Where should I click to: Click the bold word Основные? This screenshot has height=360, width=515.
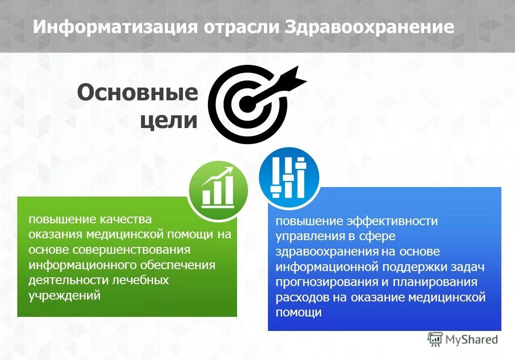click(x=138, y=94)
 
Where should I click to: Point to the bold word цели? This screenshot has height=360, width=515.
click(x=168, y=121)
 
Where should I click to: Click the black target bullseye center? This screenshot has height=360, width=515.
click(x=246, y=105)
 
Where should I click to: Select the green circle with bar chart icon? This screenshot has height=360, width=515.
click(x=218, y=191)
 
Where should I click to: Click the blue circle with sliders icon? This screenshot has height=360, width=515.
click(x=289, y=177)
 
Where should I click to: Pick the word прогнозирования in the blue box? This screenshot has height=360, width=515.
click(x=326, y=282)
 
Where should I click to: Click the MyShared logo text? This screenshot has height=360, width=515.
click(x=471, y=339)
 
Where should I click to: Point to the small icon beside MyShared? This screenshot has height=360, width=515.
click(x=435, y=339)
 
